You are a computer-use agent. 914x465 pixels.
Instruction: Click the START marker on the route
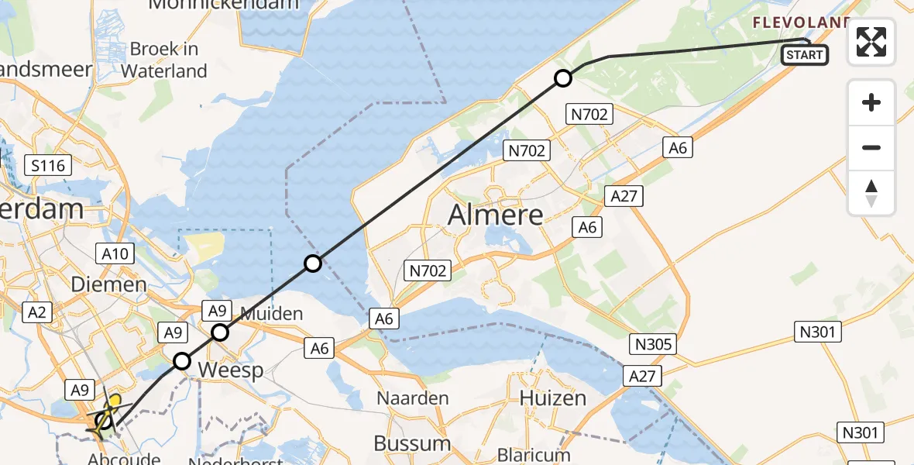(x=805, y=55)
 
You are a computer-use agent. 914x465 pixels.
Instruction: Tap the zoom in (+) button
(x=871, y=103)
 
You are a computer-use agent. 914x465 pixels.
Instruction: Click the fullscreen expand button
(x=871, y=42)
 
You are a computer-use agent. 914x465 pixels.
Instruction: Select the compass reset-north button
(x=871, y=193)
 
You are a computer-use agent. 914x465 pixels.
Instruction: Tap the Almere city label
(x=496, y=215)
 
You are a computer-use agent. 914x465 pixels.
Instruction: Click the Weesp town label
(x=231, y=370)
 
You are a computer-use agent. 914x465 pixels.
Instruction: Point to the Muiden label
(x=270, y=314)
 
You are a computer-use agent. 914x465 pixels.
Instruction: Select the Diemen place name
(x=108, y=284)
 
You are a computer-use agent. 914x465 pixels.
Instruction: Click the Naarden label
(x=413, y=398)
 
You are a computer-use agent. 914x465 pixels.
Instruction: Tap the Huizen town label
(x=552, y=398)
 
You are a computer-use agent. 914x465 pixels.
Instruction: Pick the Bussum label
(x=412, y=443)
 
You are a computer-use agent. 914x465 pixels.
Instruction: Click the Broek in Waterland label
(x=164, y=60)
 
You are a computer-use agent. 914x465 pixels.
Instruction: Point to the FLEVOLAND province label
(x=802, y=22)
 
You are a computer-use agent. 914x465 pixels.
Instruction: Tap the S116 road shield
(x=48, y=164)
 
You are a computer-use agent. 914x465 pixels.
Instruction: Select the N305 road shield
(x=654, y=344)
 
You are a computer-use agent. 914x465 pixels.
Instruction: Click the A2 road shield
(x=36, y=312)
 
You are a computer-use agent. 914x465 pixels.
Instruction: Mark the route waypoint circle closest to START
(x=563, y=78)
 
